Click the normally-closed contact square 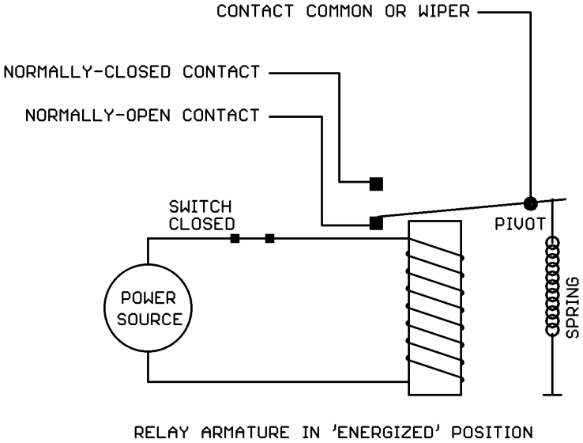[377, 184]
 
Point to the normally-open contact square [377, 222]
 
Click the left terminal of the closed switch [235, 238]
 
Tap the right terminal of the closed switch [270, 238]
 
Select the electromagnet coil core [433, 309]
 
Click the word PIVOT [520, 223]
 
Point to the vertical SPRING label [574, 307]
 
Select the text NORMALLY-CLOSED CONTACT [132, 73]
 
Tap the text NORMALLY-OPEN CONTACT [142, 115]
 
